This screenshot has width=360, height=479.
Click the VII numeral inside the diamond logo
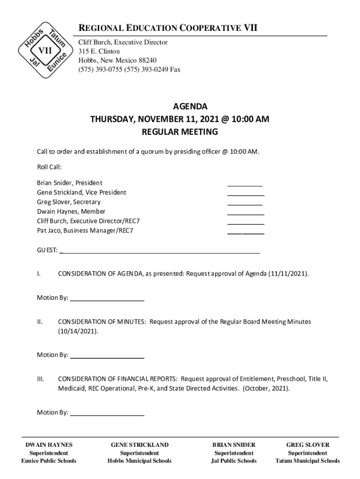(45, 50)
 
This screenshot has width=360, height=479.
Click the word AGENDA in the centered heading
(180, 107)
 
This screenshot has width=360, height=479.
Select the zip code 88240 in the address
(147, 60)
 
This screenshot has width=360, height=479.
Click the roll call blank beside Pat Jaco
(245, 233)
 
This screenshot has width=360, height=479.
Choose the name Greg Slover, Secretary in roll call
(69, 202)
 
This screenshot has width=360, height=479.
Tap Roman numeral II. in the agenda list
(40, 322)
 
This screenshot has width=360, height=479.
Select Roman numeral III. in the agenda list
(41, 379)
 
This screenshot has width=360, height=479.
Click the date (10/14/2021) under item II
(79, 331)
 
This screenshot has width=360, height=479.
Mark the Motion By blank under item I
(107, 300)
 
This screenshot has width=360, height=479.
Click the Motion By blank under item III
(107, 415)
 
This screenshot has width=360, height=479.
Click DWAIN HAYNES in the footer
(49, 445)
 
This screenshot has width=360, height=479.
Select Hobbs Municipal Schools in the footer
(139, 461)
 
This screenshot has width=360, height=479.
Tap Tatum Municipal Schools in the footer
(308, 461)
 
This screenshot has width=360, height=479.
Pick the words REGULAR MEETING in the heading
(180, 132)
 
